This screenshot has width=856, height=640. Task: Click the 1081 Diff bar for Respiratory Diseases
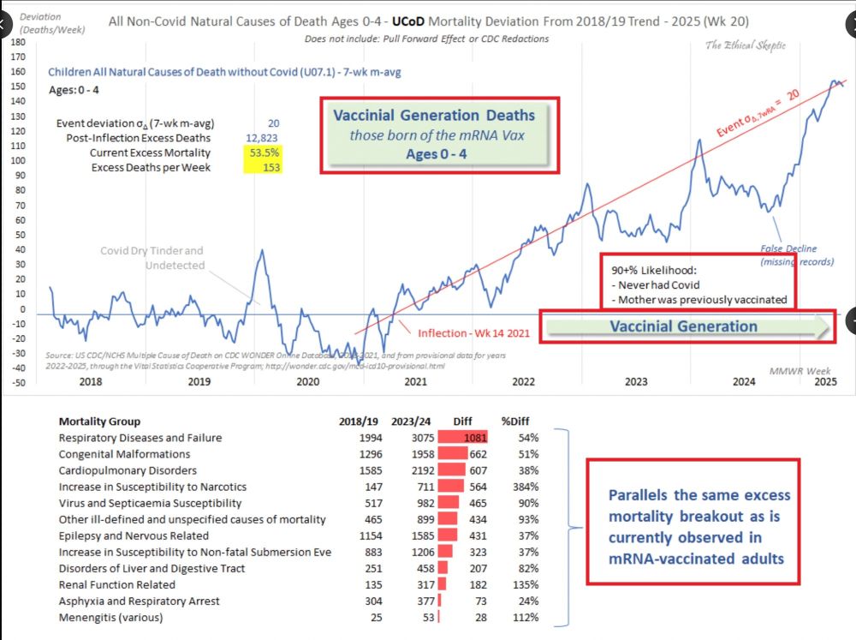click(462, 438)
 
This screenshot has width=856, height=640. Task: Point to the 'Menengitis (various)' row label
click(111, 617)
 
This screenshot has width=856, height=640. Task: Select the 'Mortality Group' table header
click(99, 421)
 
